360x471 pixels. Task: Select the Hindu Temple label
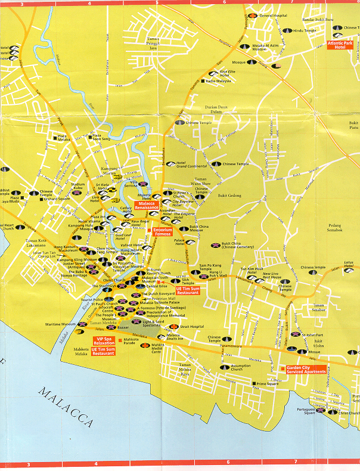[x=306, y=30]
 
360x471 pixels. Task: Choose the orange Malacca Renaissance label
[x=150, y=206]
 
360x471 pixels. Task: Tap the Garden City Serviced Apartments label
[x=306, y=369]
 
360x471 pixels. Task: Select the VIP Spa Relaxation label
[x=105, y=340]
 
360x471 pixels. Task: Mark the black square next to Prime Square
[x=253, y=384]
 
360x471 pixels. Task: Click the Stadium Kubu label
[x=78, y=187]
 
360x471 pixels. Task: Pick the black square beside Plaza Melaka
[x=52, y=139]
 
